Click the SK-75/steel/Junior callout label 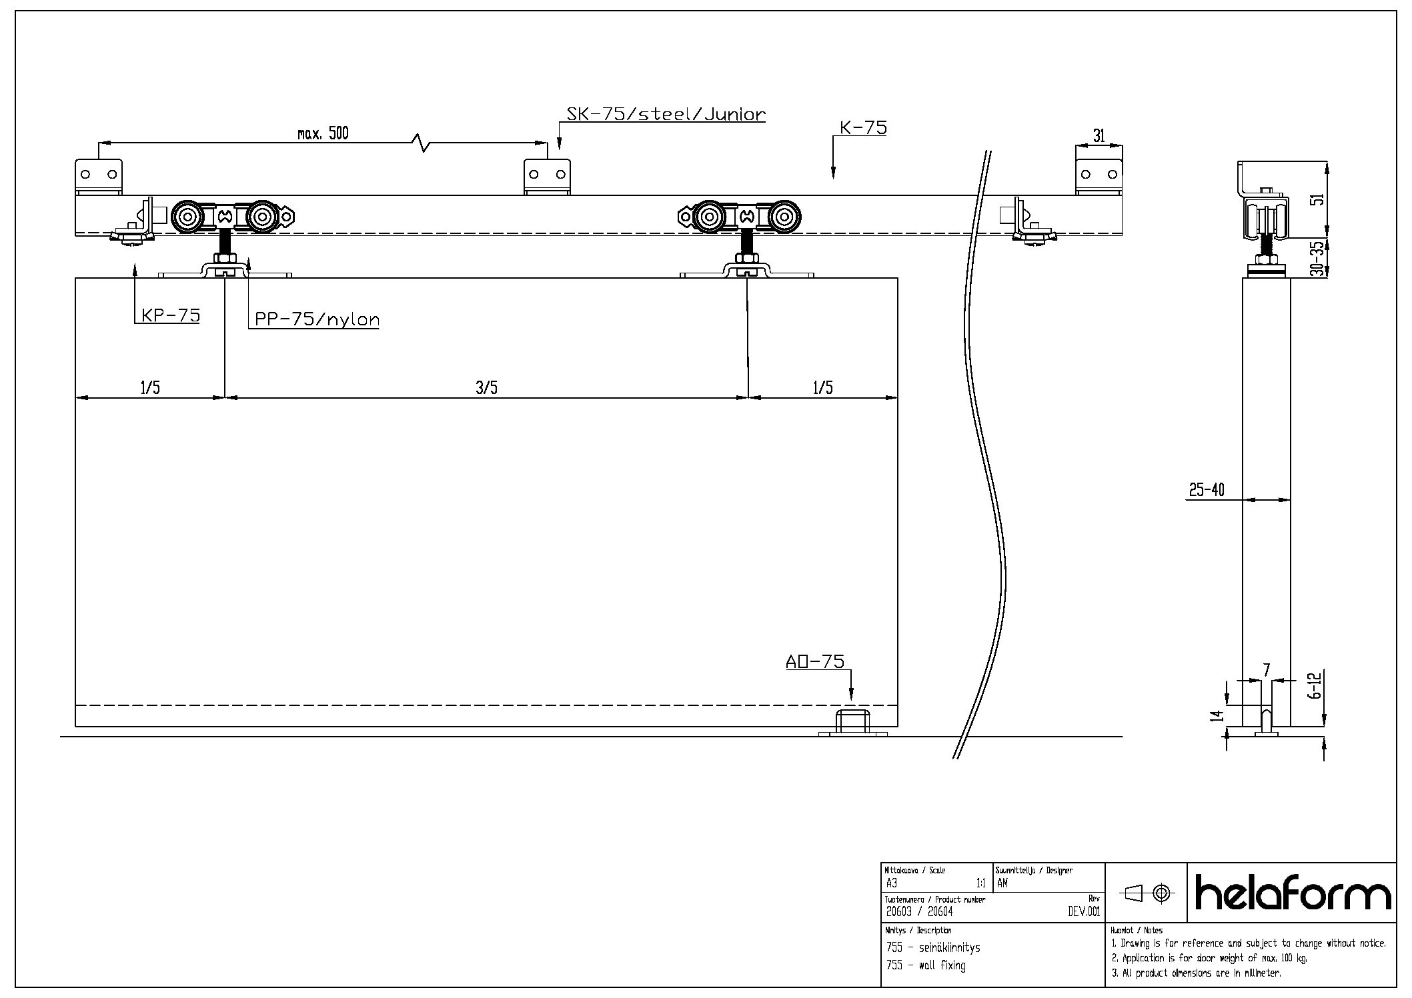click(x=666, y=114)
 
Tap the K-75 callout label click(x=863, y=127)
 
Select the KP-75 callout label click(x=171, y=315)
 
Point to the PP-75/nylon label click(x=317, y=319)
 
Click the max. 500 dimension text click(x=323, y=133)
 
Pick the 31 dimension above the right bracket click(x=1099, y=136)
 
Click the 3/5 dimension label click(x=486, y=387)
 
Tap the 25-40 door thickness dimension click(x=1207, y=490)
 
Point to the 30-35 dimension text click(x=1317, y=259)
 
